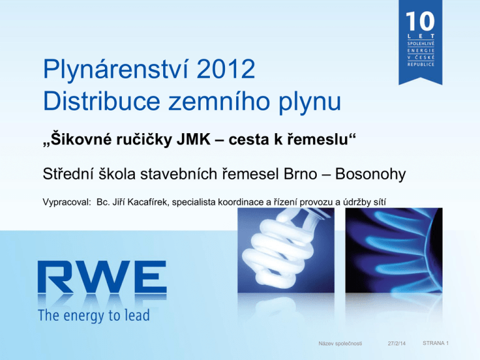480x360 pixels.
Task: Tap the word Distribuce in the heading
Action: (x=102, y=101)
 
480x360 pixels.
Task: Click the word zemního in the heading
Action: (x=219, y=101)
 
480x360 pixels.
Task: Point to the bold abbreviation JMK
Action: (x=194, y=139)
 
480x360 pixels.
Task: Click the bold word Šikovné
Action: (x=77, y=139)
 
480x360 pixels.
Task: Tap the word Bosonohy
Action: (x=371, y=174)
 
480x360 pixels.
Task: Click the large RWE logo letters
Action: (x=102, y=277)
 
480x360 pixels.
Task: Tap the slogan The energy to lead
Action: (x=94, y=316)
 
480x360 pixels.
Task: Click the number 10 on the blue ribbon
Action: (x=420, y=21)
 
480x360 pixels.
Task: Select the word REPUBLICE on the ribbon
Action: (x=421, y=64)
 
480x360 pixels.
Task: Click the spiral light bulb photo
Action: (x=286, y=250)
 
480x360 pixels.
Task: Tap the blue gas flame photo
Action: (x=394, y=250)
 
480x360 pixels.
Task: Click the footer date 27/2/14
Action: (x=396, y=344)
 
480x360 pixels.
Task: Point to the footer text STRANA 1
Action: (x=436, y=343)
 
